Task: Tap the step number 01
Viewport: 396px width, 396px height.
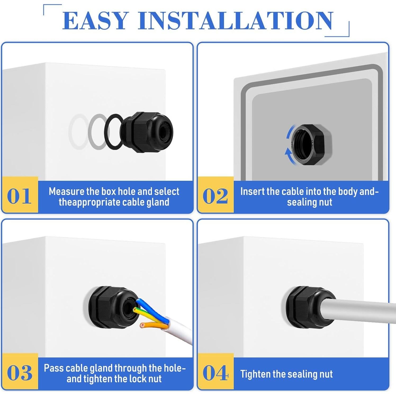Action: coord(19,196)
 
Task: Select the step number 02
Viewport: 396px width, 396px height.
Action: coord(215,196)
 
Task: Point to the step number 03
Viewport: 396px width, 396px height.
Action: coord(19,373)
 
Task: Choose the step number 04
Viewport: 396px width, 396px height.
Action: coord(215,373)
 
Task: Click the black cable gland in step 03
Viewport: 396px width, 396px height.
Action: coord(109,307)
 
